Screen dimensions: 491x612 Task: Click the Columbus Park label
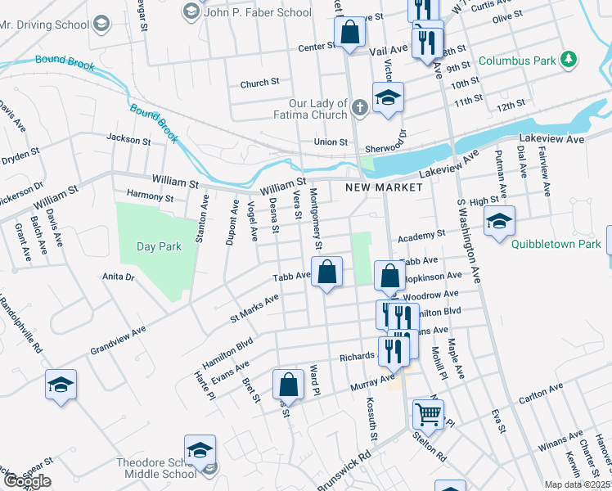(516, 61)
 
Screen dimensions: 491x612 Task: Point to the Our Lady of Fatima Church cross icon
(359, 108)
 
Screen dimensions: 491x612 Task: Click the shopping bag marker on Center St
(350, 34)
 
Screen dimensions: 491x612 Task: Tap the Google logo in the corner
(26, 481)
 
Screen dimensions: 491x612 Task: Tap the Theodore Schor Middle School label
(155, 468)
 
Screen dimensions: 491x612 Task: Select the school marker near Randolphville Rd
(61, 385)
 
